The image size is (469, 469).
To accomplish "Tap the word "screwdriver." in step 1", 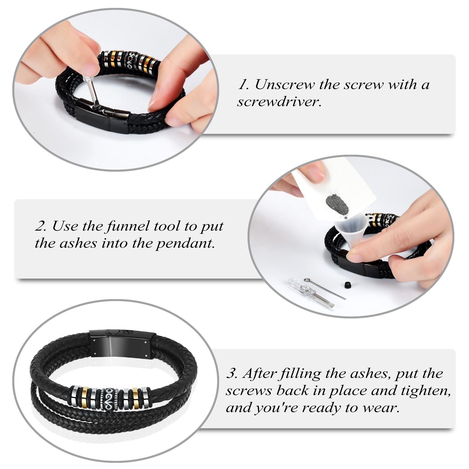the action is click(279, 102).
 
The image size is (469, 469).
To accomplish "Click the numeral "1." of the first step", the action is click(244, 85).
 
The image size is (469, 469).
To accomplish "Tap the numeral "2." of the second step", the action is click(41, 226).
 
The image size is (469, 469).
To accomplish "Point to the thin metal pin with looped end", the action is click(325, 289).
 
